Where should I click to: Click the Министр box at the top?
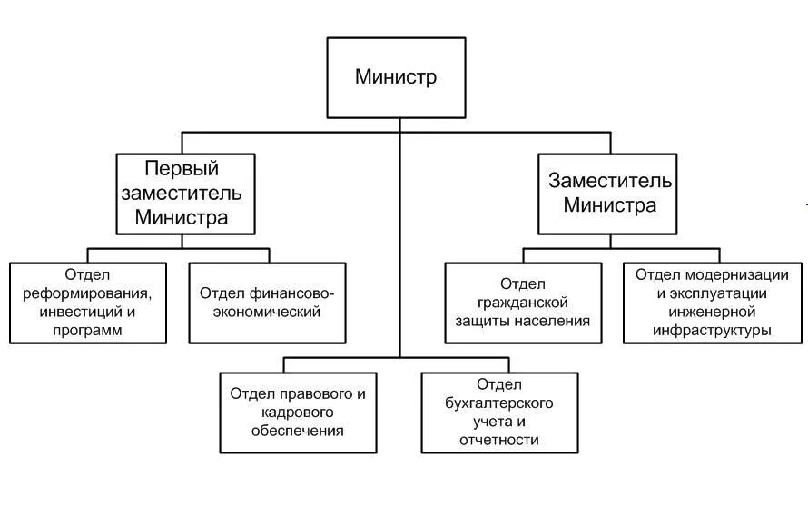[396, 77]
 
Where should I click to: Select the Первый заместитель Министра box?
[182, 193]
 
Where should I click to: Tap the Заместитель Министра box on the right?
[610, 193]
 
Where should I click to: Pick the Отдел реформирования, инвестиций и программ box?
[88, 303]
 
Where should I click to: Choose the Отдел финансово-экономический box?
[267, 303]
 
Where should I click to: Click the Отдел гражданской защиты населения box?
[523, 303]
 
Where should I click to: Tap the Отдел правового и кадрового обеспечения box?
[298, 413]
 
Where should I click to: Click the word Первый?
[182, 168]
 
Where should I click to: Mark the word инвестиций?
[80, 313]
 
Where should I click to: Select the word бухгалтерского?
[499, 403]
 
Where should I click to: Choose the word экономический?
[267, 312]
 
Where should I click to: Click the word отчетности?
[499, 441]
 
